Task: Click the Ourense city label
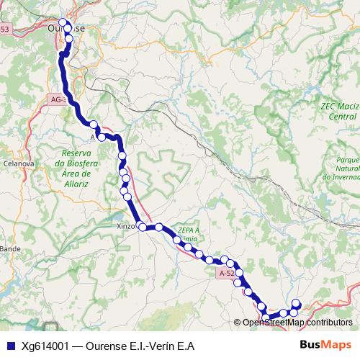(66, 28)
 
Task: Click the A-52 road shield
(225, 274)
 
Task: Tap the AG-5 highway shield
(58, 99)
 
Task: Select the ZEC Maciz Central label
(339, 110)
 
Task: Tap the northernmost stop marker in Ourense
(63, 23)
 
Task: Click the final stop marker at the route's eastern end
(295, 303)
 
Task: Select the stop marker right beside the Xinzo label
(143, 228)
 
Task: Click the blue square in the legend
(9, 346)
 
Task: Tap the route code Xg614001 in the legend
(45, 346)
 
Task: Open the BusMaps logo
(325, 345)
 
